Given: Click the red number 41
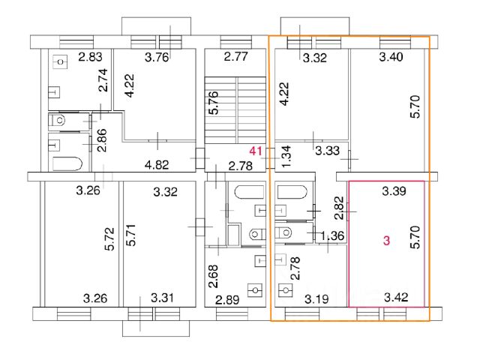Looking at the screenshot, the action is point(256,151).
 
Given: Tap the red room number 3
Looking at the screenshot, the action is point(387,241).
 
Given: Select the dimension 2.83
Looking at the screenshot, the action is point(90,57).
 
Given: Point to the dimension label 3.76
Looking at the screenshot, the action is point(157,57).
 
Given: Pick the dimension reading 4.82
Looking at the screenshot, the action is point(157,165).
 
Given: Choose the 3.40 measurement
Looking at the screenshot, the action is point(391,57).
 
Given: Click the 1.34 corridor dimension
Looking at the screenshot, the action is point(286,157).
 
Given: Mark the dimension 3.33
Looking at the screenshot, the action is point(328,151).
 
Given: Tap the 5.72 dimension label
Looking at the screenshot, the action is point(109,239).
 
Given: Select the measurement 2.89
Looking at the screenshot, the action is point(227,300).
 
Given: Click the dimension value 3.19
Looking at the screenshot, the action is point(316,298).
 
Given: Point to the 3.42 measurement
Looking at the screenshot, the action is point(396,297).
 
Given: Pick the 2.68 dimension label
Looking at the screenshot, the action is point(214,277).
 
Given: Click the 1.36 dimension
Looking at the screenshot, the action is point(333,235).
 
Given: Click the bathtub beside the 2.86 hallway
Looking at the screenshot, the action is point(67,163).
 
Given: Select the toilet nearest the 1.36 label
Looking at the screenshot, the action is point(283,233).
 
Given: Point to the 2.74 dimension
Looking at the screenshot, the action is point(104,80).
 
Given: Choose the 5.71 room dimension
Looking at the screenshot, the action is point(132,235).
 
